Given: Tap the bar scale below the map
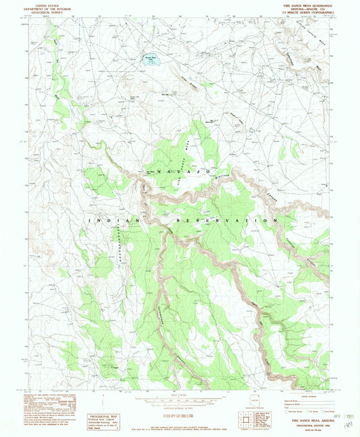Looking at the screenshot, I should (x=179, y=400).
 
